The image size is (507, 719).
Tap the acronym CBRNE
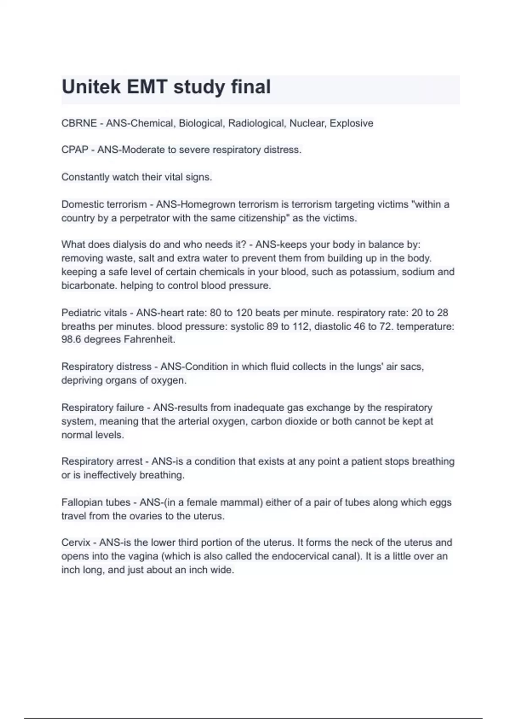tap(79, 123)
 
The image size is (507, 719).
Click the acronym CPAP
tap(75, 150)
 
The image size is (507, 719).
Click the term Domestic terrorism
tap(104, 205)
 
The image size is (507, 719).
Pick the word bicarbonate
tap(89, 285)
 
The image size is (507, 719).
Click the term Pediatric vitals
tap(94, 313)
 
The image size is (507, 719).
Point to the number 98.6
tap(71, 340)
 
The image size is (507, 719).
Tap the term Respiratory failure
tap(103, 408)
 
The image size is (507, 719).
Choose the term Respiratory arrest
tap(102, 461)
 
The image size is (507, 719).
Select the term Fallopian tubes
tap(96, 502)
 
